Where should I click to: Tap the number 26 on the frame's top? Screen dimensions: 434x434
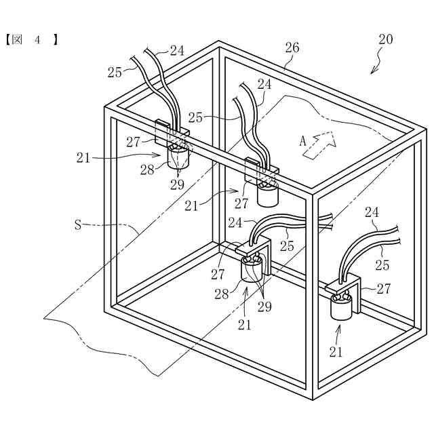click(x=292, y=47)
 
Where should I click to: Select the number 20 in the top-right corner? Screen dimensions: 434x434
click(x=385, y=39)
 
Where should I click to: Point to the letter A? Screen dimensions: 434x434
click(x=303, y=142)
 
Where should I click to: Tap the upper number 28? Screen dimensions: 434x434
click(x=148, y=169)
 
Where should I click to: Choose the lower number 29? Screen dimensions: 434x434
click(x=264, y=307)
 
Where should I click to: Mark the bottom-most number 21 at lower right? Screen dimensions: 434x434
click(x=336, y=351)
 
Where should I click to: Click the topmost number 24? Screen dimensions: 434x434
click(x=177, y=50)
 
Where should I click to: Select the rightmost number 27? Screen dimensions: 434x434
click(x=384, y=289)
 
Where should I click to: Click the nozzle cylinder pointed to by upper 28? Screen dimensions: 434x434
click(x=179, y=158)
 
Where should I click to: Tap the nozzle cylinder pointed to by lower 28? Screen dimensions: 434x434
click(x=254, y=273)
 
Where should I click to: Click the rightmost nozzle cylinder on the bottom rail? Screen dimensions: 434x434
click(x=342, y=309)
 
